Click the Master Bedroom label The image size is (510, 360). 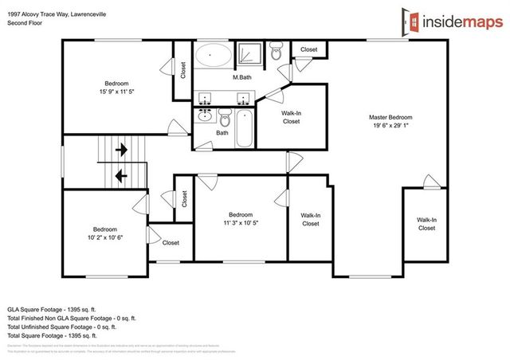[x=390, y=117]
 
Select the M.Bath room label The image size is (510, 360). [x=243, y=77]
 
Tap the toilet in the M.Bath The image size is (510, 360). [x=277, y=53]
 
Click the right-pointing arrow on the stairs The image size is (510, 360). [x=122, y=149]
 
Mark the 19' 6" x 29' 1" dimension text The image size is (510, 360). [x=390, y=126]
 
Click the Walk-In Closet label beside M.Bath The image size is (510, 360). [x=291, y=118]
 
